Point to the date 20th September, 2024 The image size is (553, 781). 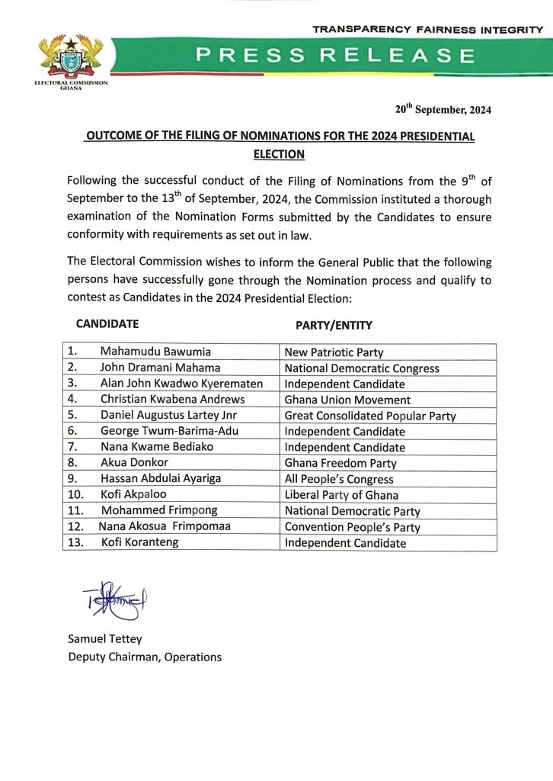443,109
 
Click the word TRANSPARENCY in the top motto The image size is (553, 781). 356,28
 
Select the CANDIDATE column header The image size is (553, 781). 107,323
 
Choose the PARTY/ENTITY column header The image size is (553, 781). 334,325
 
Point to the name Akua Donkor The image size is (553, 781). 131,463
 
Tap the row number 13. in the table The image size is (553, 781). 74,543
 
